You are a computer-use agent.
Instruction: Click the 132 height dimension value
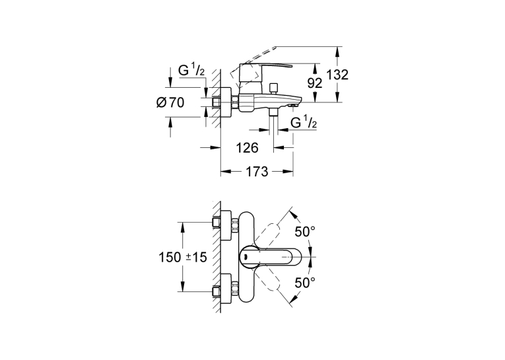pyautogui.click(x=337, y=75)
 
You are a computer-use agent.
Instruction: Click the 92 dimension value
pyautogui.click(x=315, y=83)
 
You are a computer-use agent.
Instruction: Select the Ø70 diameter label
pyautogui.click(x=170, y=103)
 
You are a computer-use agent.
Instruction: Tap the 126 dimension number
pyautogui.click(x=248, y=148)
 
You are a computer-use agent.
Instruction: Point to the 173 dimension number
pyautogui.click(x=257, y=172)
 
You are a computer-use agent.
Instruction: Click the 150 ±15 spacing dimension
pyautogui.click(x=183, y=257)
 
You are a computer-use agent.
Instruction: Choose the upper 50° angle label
pyautogui.click(x=305, y=231)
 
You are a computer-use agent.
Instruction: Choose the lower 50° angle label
pyautogui.click(x=305, y=283)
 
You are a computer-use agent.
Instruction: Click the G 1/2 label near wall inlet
pyautogui.click(x=191, y=70)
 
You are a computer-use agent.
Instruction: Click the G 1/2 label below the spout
pyautogui.click(x=304, y=123)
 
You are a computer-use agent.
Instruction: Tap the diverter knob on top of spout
pyautogui.click(x=274, y=89)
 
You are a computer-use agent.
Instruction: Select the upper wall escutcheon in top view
pyautogui.click(x=226, y=226)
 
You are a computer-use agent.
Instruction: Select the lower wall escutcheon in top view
pyautogui.click(x=226, y=289)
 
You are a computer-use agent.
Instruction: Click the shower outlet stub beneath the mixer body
pyautogui.click(x=274, y=112)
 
